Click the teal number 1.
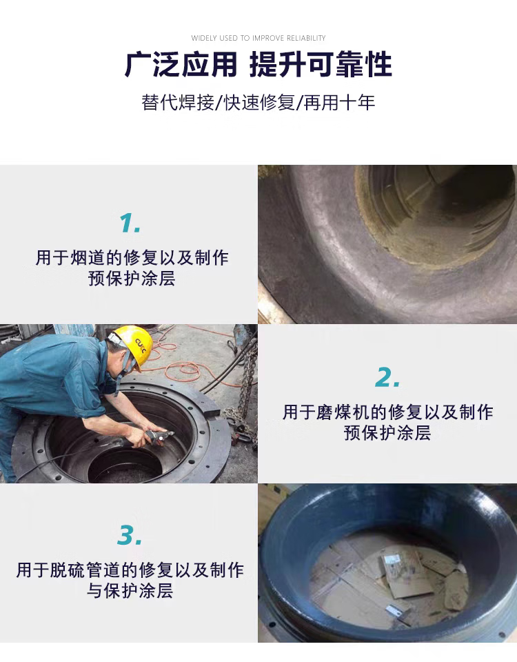(130, 223)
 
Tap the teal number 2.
(387, 377)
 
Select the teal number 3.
(130, 535)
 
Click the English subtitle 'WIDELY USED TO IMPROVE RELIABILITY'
(258, 38)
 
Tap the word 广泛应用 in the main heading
(181, 65)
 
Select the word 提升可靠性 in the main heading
(321, 65)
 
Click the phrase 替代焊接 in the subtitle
(178, 103)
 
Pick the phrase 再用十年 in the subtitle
(339, 103)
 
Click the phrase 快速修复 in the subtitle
(258, 103)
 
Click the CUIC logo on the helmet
(141, 344)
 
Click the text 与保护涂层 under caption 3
(130, 591)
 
